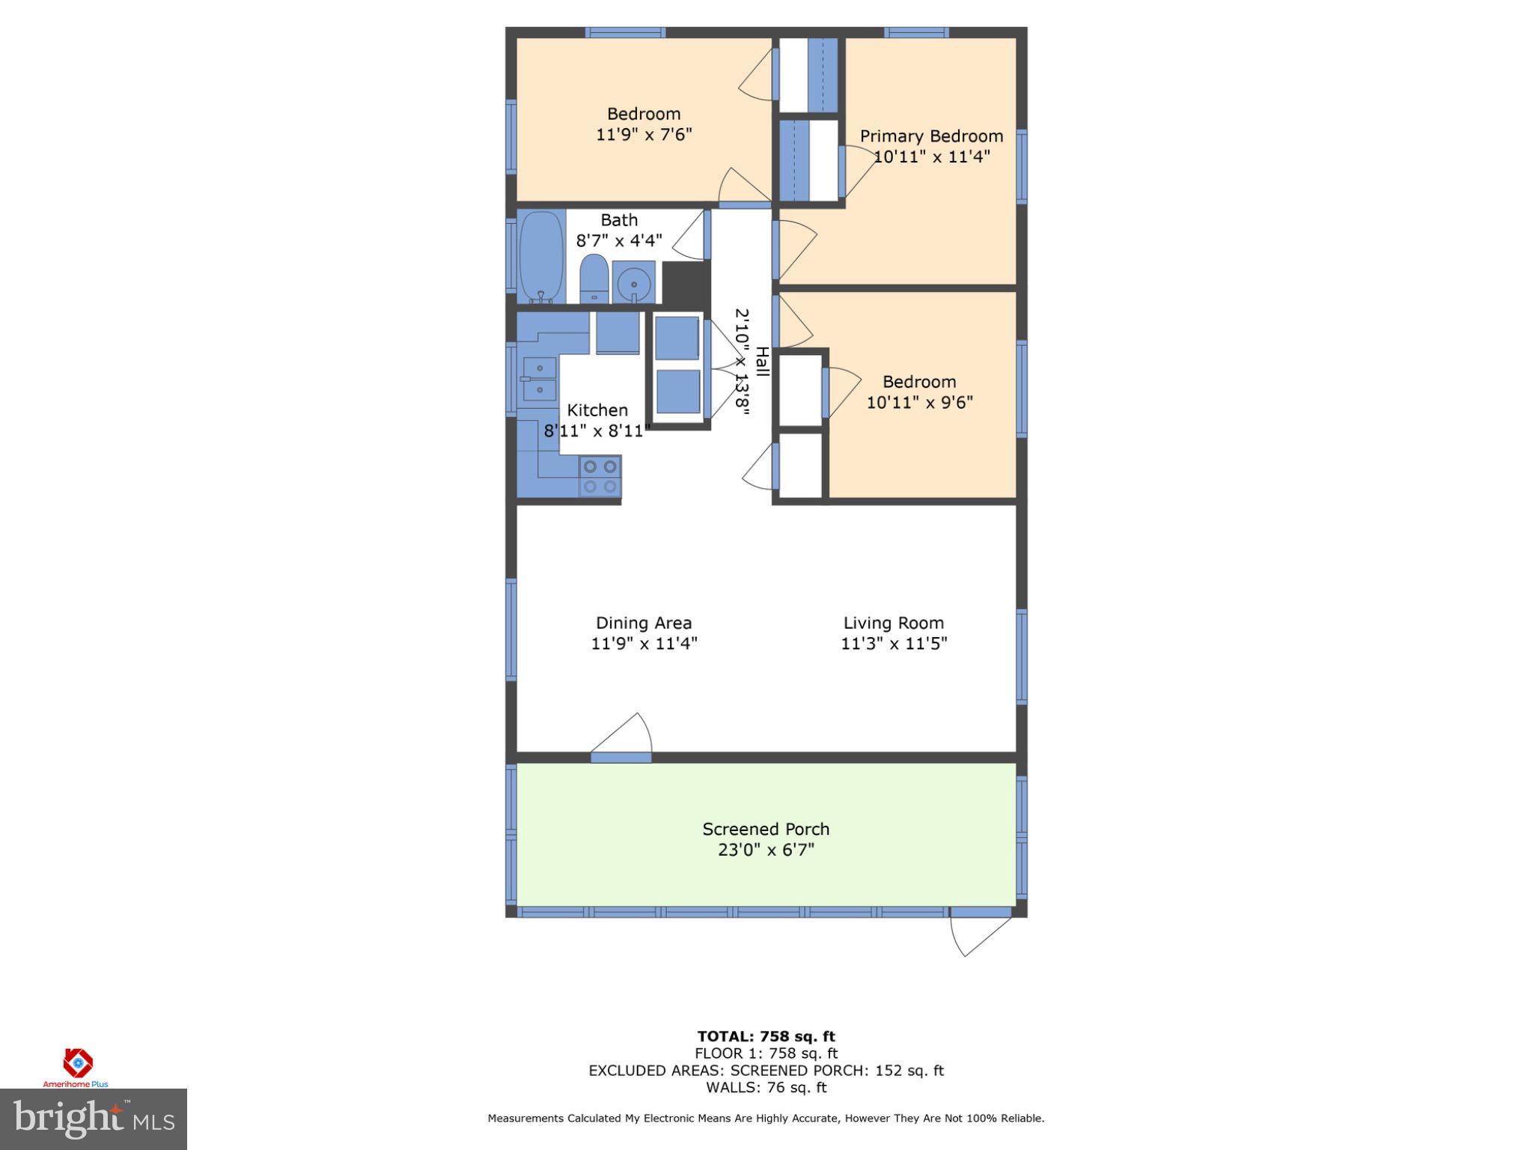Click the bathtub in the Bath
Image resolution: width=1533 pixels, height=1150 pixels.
541,257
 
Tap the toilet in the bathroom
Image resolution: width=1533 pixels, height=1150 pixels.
594,279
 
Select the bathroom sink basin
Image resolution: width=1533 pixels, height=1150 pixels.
634,283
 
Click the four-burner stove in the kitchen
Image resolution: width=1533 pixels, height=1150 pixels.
600,477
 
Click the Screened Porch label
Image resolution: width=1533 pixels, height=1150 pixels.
766,830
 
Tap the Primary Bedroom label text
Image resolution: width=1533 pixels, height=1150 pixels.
931,136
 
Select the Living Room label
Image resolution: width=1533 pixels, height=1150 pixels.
893,623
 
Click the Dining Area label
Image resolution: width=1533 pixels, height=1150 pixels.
644,623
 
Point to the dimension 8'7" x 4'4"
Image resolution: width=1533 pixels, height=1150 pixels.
619,241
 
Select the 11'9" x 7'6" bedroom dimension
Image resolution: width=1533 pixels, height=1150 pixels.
644,135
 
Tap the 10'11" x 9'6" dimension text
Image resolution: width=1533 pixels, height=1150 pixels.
919,403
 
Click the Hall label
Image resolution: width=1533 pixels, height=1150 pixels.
762,361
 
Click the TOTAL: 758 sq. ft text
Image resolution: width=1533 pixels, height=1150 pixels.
766,1036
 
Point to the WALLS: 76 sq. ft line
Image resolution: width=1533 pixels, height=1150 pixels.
766,1088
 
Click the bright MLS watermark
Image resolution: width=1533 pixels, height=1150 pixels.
94,1119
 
